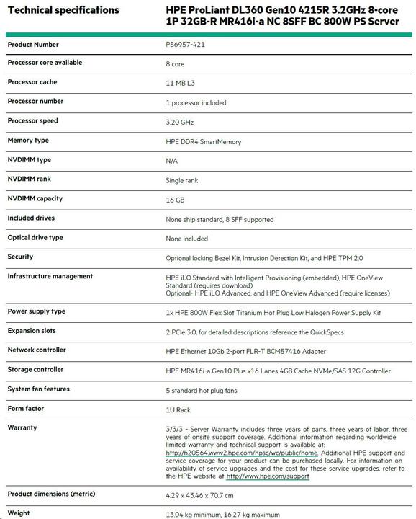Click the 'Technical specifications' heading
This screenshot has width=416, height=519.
tap(63, 10)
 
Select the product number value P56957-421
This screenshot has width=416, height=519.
tap(185, 45)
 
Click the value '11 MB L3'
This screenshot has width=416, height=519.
tap(180, 84)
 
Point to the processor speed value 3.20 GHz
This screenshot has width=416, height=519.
tap(181, 122)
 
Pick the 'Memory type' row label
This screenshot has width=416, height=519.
tap(28, 141)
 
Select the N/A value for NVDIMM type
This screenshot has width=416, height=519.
tap(171, 161)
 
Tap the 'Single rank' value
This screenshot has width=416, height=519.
tap(181, 180)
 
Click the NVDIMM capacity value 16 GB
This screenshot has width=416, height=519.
tap(175, 200)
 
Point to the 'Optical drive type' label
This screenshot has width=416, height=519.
tap(35, 237)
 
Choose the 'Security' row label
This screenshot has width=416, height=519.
tap(20, 257)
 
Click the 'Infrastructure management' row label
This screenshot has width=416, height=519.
tap(50, 276)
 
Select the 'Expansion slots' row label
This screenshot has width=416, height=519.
tap(32, 330)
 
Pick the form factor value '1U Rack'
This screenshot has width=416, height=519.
tap(178, 409)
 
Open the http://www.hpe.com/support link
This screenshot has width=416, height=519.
tap(268, 476)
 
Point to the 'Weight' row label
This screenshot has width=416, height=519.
tap(19, 513)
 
